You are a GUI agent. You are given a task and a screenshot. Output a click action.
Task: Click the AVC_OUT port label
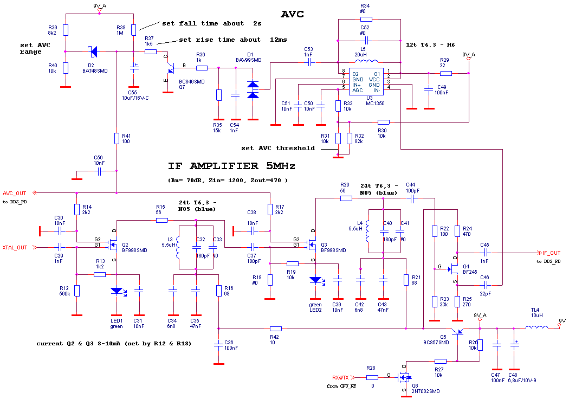[15, 193]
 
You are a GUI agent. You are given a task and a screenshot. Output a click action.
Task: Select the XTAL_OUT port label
[15, 247]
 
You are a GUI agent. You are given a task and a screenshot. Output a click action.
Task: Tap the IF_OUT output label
[551, 253]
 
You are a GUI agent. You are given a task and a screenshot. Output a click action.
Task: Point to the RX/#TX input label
[342, 377]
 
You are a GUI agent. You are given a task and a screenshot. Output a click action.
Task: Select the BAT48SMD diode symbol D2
[93, 52]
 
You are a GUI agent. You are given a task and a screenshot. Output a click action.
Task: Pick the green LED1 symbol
[117, 291]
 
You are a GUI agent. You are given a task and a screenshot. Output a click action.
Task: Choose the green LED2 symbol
[315, 280]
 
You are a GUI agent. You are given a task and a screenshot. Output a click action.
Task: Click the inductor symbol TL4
[536, 327]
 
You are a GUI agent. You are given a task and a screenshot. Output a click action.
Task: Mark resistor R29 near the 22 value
[445, 73]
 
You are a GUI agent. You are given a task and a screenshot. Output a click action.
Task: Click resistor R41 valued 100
[117, 139]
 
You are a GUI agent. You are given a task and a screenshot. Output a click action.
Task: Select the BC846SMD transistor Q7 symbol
[171, 68]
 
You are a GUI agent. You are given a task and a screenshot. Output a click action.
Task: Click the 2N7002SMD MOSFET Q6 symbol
[404, 377]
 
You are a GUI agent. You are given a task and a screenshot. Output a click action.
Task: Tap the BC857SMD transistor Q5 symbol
[458, 331]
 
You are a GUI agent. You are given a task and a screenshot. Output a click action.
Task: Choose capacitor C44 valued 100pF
[412, 199]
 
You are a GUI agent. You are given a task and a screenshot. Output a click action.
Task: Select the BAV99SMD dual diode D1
[253, 89]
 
